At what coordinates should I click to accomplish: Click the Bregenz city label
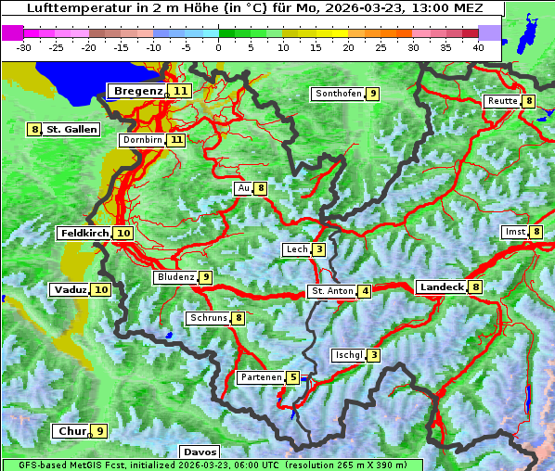pyautogui.click(x=137, y=91)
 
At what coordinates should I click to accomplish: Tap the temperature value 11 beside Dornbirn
pyautogui.click(x=175, y=140)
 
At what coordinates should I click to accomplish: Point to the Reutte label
pyautogui.click(x=501, y=101)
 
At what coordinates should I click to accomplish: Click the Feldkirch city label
pyautogui.click(x=84, y=234)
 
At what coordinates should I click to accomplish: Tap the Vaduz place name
pyautogui.click(x=70, y=290)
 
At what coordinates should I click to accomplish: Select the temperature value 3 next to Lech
pyautogui.click(x=318, y=249)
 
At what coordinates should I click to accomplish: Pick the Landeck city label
pyautogui.click(x=441, y=287)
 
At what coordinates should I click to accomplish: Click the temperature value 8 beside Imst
pyautogui.click(x=536, y=231)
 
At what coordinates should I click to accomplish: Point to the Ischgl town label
pyautogui.click(x=348, y=355)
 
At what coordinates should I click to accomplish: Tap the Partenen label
pyautogui.click(x=260, y=377)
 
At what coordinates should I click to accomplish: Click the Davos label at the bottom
pyautogui.click(x=200, y=452)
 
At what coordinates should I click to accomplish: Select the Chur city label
pyautogui.click(x=71, y=431)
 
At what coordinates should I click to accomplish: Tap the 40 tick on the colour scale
pyautogui.click(x=477, y=46)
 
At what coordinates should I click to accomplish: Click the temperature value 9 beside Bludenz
pyautogui.click(x=205, y=277)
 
